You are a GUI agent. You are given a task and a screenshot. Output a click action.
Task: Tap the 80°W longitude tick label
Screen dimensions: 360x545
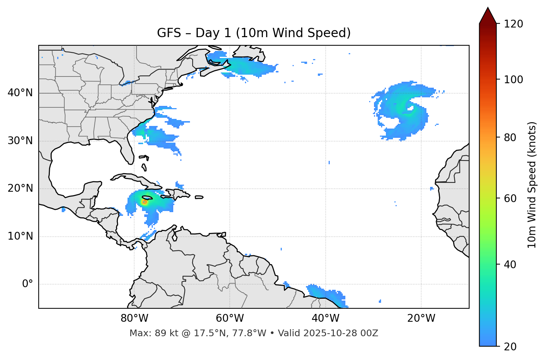[134, 318]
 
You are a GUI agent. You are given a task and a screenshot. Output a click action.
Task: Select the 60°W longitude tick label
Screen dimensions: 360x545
[229, 318]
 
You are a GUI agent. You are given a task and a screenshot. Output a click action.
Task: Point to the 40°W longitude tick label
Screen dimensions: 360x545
[325, 318]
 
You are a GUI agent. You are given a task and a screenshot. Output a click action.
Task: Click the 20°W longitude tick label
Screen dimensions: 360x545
[421, 318]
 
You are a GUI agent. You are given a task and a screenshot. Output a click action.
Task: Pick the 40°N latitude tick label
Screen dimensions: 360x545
[20, 93]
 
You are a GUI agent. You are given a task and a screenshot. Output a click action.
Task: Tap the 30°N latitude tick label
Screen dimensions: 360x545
[20, 141]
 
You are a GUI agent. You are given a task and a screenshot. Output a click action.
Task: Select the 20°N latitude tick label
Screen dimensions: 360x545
[20, 188]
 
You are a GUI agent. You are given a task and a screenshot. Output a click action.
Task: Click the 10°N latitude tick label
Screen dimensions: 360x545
[20, 236]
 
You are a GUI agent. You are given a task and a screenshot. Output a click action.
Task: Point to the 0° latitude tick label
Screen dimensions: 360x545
[28, 284]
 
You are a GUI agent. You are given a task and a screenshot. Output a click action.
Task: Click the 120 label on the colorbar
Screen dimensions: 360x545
[513, 24]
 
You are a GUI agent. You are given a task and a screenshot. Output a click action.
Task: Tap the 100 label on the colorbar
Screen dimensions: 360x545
[513, 80]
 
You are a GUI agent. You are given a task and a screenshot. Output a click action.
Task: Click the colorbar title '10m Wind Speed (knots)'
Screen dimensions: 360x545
[532, 185]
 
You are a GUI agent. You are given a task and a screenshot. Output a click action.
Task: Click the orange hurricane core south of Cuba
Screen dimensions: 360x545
[144, 202]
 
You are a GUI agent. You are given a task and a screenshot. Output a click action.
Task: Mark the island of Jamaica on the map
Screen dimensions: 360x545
[147, 198]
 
